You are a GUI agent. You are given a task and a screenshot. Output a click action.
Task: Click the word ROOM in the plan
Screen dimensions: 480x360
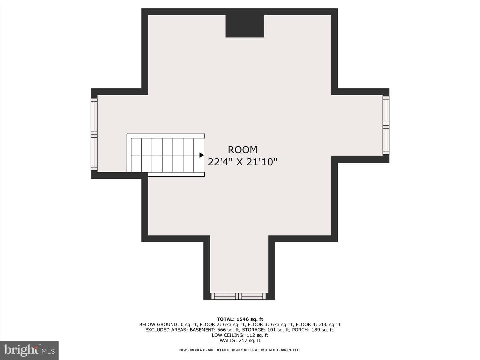pyautogui.click(x=243, y=150)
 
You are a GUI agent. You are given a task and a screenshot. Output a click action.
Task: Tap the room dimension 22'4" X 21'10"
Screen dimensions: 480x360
pyautogui.click(x=243, y=162)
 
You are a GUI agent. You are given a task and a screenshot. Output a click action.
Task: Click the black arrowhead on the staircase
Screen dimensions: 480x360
pyautogui.click(x=202, y=155)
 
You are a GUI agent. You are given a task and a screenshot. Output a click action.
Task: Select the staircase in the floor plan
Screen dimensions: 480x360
pyautogui.click(x=166, y=155)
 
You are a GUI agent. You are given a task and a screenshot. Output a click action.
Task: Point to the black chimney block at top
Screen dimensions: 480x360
pyautogui.click(x=245, y=26)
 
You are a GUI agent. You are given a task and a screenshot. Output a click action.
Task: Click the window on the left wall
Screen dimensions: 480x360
pyautogui.click(x=94, y=134)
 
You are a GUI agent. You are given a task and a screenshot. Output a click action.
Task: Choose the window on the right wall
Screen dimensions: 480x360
pyautogui.click(x=386, y=125)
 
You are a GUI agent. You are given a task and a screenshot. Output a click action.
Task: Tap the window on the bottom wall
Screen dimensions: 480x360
pyautogui.click(x=238, y=296)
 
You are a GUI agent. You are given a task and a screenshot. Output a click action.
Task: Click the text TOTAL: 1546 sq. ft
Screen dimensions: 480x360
pyautogui.click(x=240, y=319)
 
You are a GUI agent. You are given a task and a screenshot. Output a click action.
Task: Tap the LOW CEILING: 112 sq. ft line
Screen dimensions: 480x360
pyautogui.click(x=240, y=335)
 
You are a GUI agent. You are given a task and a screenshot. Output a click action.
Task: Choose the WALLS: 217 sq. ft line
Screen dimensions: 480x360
pyautogui.click(x=240, y=340)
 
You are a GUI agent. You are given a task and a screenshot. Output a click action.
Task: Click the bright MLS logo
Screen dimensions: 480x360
pyautogui.click(x=29, y=350)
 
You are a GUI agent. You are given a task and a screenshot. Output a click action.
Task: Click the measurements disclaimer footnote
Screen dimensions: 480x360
pyautogui.click(x=240, y=350)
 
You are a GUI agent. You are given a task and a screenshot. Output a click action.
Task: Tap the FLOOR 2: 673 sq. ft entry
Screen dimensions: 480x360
pyautogui.click(x=223, y=325)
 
